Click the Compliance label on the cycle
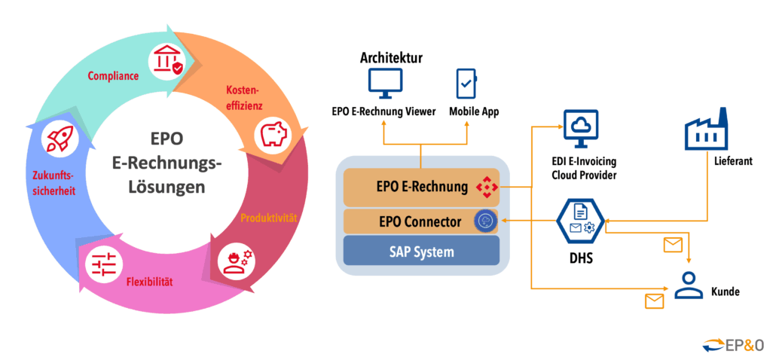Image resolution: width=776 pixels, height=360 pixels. (x=113, y=75)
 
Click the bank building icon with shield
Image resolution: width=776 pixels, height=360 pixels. (x=167, y=59)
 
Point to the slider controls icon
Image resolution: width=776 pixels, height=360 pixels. (x=102, y=266)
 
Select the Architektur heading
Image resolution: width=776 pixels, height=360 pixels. (x=391, y=58)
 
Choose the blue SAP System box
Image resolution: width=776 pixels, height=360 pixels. (x=421, y=252)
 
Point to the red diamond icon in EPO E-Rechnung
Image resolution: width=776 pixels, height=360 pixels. (x=487, y=185)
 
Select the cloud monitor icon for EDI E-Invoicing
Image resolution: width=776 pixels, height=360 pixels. (x=581, y=129)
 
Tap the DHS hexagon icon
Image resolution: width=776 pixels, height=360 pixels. (x=580, y=220)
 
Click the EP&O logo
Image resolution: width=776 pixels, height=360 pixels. (x=733, y=344)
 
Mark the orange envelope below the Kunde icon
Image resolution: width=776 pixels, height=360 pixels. (x=655, y=301)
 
